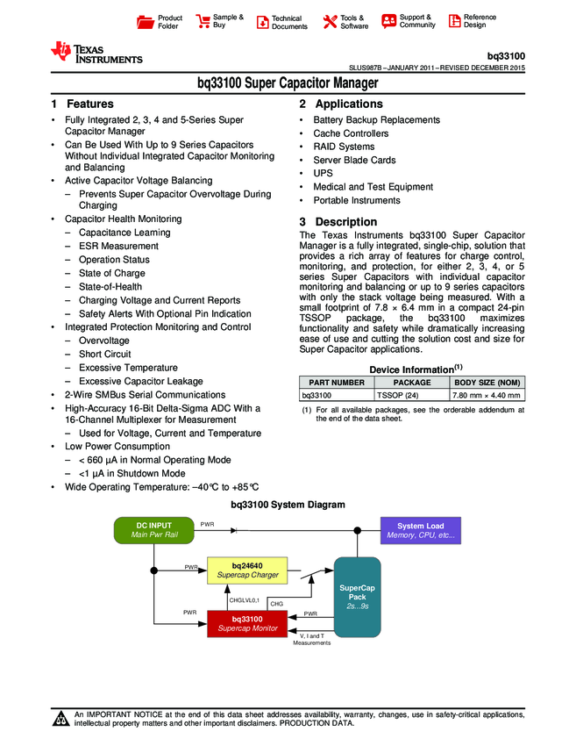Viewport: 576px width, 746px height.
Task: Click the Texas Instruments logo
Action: pyautogui.click(x=96, y=53)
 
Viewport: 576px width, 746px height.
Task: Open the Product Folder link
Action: pyautogui.click(x=161, y=22)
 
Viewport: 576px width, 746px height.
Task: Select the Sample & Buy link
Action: pyautogui.click(x=220, y=22)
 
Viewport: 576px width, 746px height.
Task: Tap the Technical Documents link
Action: pyautogui.click(x=281, y=22)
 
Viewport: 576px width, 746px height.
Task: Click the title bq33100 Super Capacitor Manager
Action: pyautogui.click(x=288, y=83)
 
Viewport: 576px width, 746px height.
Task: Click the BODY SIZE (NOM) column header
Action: pyautogui.click(x=486, y=383)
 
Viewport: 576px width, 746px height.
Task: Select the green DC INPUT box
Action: pyautogui.click(x=153, y=530)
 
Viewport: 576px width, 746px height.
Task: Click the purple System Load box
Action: pyautogui.click(x=421, y=530)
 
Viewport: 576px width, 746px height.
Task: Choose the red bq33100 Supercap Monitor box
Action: pyautogui.click(x=247, y=624)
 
